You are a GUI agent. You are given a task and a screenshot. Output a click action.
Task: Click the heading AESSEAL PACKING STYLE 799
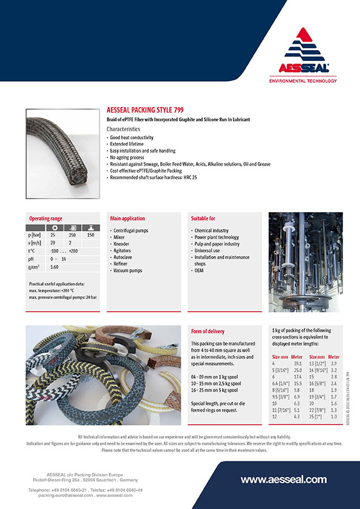point(145,111)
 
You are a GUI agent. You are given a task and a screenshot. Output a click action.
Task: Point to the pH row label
point(31,258)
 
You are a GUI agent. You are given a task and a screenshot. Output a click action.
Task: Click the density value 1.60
point(54,267)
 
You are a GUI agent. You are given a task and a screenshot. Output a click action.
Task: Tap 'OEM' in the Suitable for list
point(199,270)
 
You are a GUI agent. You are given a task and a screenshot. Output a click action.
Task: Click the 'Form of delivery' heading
point(208,331)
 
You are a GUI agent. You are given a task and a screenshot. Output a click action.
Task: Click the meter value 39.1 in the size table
point(297,364)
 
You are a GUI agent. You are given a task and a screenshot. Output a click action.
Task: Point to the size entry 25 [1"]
point(317,417)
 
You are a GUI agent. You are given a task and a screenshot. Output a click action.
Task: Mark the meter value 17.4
point(297,377)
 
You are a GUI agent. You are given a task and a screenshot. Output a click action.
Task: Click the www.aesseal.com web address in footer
point(283,479)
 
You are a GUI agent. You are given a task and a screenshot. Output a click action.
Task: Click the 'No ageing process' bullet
point(131,157)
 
